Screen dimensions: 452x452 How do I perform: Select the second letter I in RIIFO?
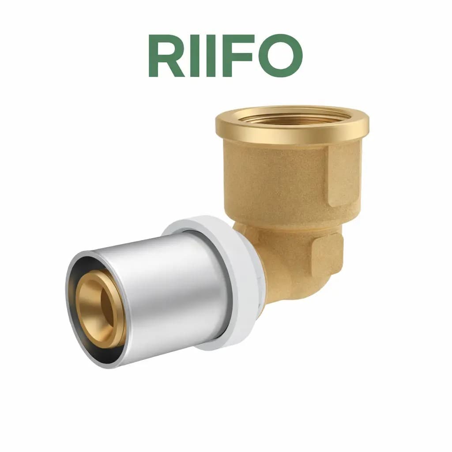click(211, 56)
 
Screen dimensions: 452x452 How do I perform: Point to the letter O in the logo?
click(280, 56)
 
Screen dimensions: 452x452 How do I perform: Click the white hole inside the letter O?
click(280, 56)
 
